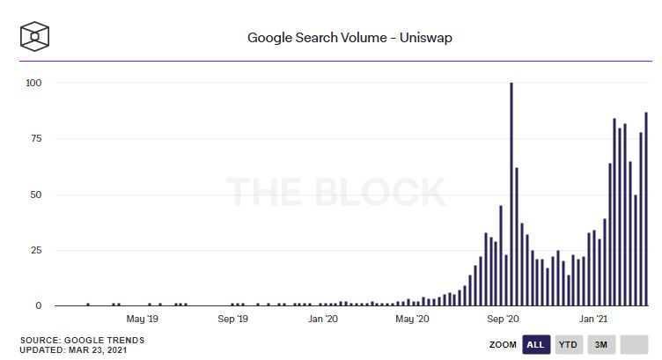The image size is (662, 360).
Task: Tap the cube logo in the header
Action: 34,37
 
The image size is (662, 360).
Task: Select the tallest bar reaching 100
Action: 511,194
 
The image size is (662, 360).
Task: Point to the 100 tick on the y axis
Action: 35,83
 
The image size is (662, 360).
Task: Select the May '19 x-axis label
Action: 142,320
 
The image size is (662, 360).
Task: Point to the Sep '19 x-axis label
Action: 233,320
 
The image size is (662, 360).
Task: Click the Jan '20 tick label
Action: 324,320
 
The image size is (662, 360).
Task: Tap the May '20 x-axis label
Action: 414,320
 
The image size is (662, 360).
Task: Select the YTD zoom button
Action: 569,344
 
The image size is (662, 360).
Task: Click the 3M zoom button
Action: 601,344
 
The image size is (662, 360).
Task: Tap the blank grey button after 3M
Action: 634,344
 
